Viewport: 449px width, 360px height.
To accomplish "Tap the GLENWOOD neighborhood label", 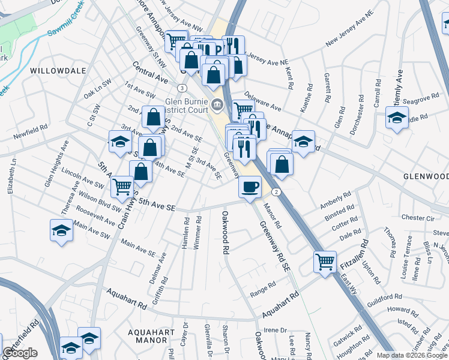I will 426,176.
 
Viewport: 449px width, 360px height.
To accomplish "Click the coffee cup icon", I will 250,186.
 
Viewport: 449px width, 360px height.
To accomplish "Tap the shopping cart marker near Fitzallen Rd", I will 325,260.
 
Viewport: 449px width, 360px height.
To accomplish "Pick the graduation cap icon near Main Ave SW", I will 61,230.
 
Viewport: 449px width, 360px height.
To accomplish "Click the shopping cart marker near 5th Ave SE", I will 122,187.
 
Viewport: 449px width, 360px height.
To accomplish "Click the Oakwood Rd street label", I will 226,230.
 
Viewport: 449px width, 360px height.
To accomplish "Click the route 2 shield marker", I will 276,191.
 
